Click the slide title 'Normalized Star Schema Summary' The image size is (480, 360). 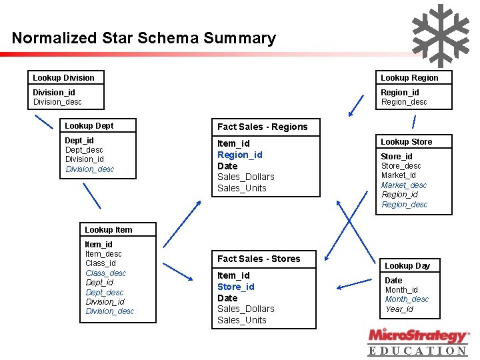pos(143,38)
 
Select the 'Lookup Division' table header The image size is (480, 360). pos(64,78)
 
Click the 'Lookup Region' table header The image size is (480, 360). pos(409,78)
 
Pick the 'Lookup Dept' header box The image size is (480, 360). pos(89,126)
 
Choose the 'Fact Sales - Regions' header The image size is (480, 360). pos(263,127)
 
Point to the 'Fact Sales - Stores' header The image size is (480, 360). pos(259,259)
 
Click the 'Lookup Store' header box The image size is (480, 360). pos(406,142)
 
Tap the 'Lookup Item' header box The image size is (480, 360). pos(108,230)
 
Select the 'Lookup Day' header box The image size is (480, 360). pos(407,266)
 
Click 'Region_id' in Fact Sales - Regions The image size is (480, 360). pos(240,155)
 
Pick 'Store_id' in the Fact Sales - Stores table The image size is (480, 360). pos(236,287)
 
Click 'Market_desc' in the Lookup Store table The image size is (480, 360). pos(404,185)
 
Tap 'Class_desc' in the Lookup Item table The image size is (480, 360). pos(105,273)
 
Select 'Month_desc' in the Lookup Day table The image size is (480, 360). pos(407,299)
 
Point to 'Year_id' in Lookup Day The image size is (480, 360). pos(399,309)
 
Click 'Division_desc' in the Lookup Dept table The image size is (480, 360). pos(90,169)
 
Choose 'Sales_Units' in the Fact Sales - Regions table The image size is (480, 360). pos(241,188)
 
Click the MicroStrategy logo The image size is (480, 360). pos(418,335)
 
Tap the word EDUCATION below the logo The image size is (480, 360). pos(418,351)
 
